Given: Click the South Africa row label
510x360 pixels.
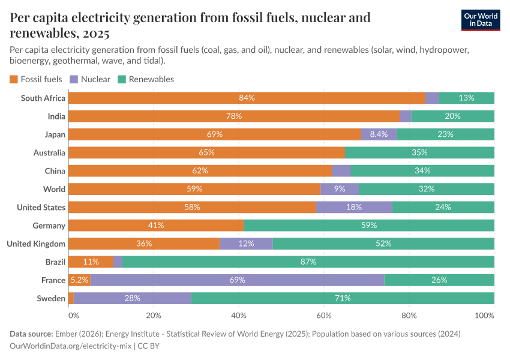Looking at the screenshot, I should [x=43, y=98].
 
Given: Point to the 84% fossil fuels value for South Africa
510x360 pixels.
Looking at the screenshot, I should [x=247, y=98].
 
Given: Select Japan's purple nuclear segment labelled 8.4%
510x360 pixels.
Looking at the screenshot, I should [x=379, y=134].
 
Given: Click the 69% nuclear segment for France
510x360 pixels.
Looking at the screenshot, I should [x=237, y=280].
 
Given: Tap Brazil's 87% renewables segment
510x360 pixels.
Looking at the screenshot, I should [x=308, y=262].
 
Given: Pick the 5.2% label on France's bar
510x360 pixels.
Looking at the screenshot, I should [x=79, y=280].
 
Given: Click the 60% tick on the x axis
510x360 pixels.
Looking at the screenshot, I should [x=324, y=316].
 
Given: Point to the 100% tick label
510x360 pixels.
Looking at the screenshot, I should [x=484, y=316].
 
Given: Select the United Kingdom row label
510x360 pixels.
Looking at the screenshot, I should [x=35, y=244].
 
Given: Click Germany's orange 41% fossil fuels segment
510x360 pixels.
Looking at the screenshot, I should [x=156, y=226].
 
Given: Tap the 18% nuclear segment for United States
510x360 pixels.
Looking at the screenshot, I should [x=354, y=207].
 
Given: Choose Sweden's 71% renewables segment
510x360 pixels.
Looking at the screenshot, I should [x=343, y=298].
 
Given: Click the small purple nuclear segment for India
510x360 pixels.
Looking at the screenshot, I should [x=405, y=116].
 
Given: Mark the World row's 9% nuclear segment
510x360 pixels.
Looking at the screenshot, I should [x=339, y=189].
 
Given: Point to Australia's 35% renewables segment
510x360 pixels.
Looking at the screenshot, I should [x=419, y=152].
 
